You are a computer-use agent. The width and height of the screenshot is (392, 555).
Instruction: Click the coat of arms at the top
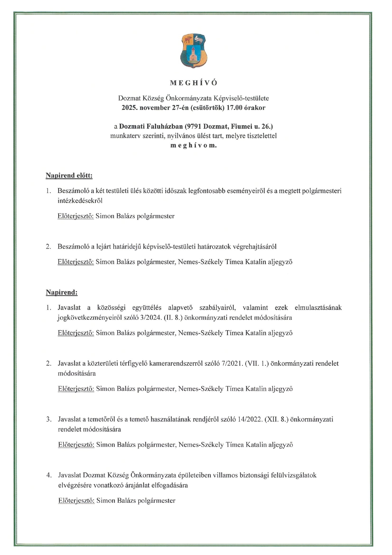(193, 51)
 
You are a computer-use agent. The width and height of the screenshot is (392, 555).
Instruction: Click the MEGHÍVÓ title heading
(194, 83)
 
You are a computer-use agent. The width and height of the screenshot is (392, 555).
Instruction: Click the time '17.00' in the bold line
(234, 108)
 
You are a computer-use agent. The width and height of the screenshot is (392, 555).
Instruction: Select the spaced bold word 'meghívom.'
(194, 145)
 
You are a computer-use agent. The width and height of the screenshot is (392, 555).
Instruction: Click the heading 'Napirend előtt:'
(69, 176)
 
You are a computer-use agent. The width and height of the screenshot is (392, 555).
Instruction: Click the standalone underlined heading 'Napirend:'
(62, 292)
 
